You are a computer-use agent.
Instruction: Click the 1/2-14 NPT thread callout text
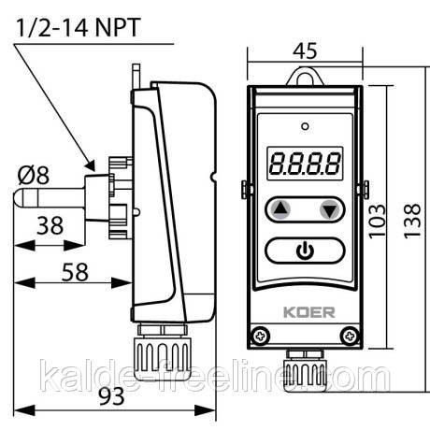click(78, 28)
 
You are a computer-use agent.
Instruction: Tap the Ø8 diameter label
click(34, 175)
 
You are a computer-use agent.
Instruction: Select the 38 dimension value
click(50, 225)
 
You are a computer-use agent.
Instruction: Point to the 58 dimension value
click(75, 272)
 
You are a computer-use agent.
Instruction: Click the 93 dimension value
click(111, 396)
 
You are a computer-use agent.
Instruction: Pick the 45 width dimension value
click(305, 50)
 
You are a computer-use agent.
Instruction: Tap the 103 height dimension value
click(377, 222)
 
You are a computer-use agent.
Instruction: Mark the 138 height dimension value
click(412, 222)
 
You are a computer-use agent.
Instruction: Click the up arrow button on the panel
click(281, 209)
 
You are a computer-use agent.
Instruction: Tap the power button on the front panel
click(305, 251)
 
